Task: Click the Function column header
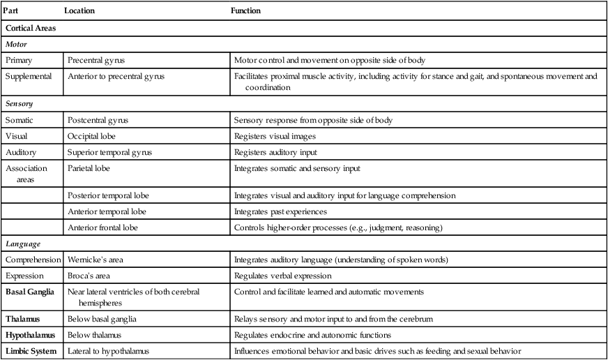pos(247,11)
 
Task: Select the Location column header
pos(79,11)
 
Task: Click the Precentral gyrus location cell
pos(98,61)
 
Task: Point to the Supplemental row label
pos(29,76)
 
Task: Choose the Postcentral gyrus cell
pos(98,120)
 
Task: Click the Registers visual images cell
pos(276,137)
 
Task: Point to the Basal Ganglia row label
pos(29,292)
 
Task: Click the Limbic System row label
pos(31,351)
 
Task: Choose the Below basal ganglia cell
pos(102,319)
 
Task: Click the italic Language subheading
pos(23,243)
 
